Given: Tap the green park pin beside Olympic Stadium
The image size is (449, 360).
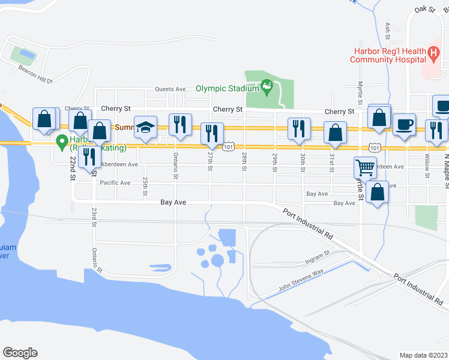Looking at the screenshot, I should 268,88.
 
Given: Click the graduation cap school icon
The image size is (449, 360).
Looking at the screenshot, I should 145,128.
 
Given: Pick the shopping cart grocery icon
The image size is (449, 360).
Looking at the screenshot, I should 365,168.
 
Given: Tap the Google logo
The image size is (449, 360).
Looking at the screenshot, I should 20,353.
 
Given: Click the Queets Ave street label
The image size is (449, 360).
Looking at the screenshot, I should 170,89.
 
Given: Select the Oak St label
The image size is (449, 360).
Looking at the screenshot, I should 424,10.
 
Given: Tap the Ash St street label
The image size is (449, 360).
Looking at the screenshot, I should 388,28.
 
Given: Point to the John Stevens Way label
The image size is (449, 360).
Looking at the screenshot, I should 300,281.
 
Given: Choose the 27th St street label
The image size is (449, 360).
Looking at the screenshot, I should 210,160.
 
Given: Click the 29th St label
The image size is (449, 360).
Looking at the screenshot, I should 274,161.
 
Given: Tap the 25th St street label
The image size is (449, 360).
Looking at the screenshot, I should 145,186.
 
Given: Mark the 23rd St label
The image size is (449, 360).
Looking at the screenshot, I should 94,217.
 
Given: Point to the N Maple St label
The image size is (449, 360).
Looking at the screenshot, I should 445,171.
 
